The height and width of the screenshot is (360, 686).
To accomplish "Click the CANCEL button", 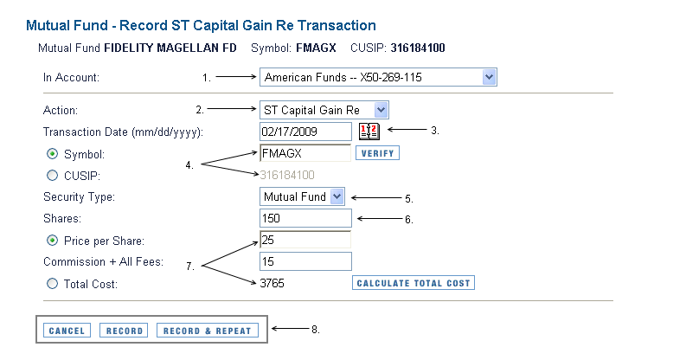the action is point(67,331).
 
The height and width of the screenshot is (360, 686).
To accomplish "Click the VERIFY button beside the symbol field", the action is point(377,153).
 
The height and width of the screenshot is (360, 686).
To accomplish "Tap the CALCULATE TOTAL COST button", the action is point(414,283).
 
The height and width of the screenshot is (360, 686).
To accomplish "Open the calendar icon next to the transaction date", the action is point(369,131).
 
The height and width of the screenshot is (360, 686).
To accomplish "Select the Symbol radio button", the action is point(52,153).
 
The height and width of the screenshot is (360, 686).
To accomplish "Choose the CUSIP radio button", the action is point(52,176).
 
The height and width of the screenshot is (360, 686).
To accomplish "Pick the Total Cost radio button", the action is point(52,284).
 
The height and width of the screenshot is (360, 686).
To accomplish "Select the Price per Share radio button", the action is point(52,241).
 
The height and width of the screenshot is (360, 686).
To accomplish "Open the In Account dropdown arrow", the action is point(489,77).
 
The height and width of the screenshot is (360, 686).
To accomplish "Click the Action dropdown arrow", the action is point(381,110).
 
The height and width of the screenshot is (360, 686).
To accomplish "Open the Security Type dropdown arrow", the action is point(337,196).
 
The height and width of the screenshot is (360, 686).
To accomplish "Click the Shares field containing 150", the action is point(305,218).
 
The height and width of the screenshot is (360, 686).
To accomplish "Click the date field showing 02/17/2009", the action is point(305,132).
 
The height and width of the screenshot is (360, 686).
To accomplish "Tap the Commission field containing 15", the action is point(305,261).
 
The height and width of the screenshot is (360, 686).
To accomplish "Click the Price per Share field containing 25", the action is point(305,240).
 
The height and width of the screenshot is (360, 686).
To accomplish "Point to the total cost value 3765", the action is point(272,283).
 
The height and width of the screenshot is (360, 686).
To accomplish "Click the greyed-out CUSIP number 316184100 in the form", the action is point(287,175).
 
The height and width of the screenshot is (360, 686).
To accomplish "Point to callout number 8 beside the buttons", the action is point(316,330).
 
